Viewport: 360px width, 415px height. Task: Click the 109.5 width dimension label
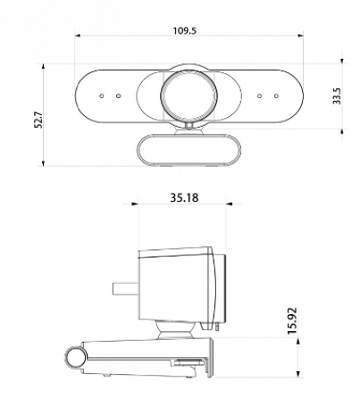pyautogui.click(x=186, y=30)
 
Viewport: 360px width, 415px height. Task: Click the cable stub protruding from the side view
pyautogui.click(x=122, y=291)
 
